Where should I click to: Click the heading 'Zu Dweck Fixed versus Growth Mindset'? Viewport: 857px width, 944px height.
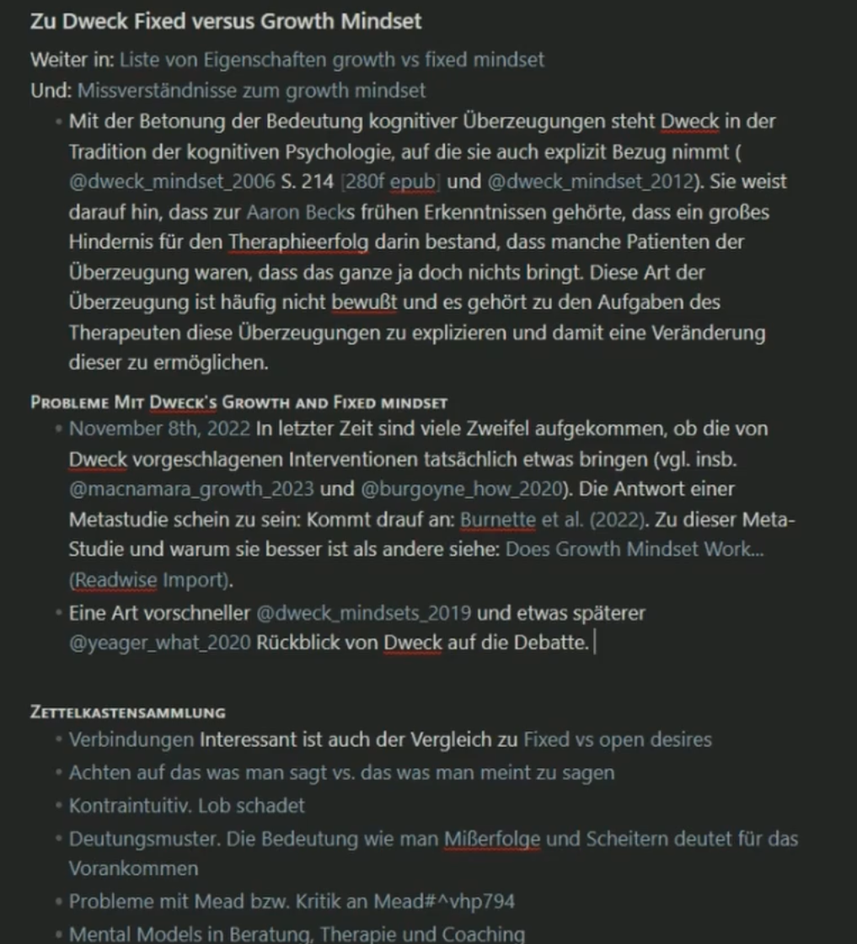click(226, 21)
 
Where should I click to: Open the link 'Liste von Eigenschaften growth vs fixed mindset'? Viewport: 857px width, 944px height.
click(331, 60)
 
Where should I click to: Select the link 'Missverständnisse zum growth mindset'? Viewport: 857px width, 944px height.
click(252, 90)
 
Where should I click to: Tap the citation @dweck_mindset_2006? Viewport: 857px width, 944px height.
click(159, 181)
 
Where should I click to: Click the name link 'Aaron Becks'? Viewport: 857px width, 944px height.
click(307, 211)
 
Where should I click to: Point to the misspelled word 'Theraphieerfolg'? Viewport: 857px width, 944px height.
click(298, 243)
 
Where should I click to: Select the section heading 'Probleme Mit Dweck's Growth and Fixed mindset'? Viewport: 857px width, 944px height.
click(238, 402)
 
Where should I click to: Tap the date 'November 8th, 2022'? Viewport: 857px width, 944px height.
click(159, 429)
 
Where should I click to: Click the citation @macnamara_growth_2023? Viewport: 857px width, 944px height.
click(191, 489)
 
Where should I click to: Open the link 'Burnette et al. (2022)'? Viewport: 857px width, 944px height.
click(549, 520)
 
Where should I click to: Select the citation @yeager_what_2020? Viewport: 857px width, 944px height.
click(159, 643)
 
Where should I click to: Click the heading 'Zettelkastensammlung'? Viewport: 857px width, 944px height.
click(127, 712)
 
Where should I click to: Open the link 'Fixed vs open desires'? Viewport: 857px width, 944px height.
click(617, 740)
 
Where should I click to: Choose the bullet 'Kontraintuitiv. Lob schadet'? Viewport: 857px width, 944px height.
click(186, 805)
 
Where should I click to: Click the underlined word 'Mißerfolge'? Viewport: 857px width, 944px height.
click(492, 839)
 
